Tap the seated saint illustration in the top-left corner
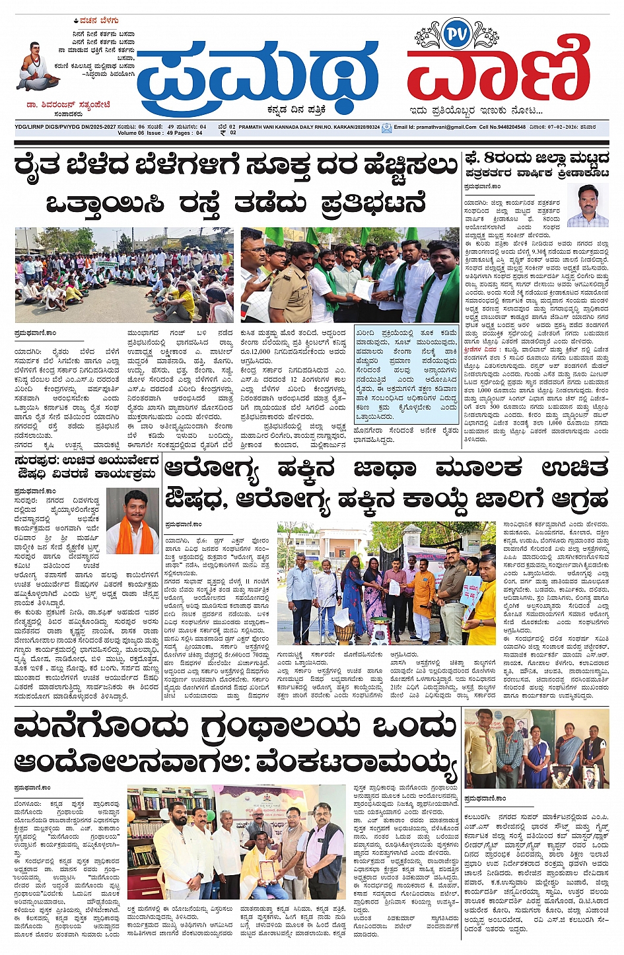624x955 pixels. point(38,67)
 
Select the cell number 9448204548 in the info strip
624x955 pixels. point(512,127)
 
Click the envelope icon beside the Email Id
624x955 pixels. point(387,128)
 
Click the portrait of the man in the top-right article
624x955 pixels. point(587,205)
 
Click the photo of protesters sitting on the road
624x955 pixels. point(124,275)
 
